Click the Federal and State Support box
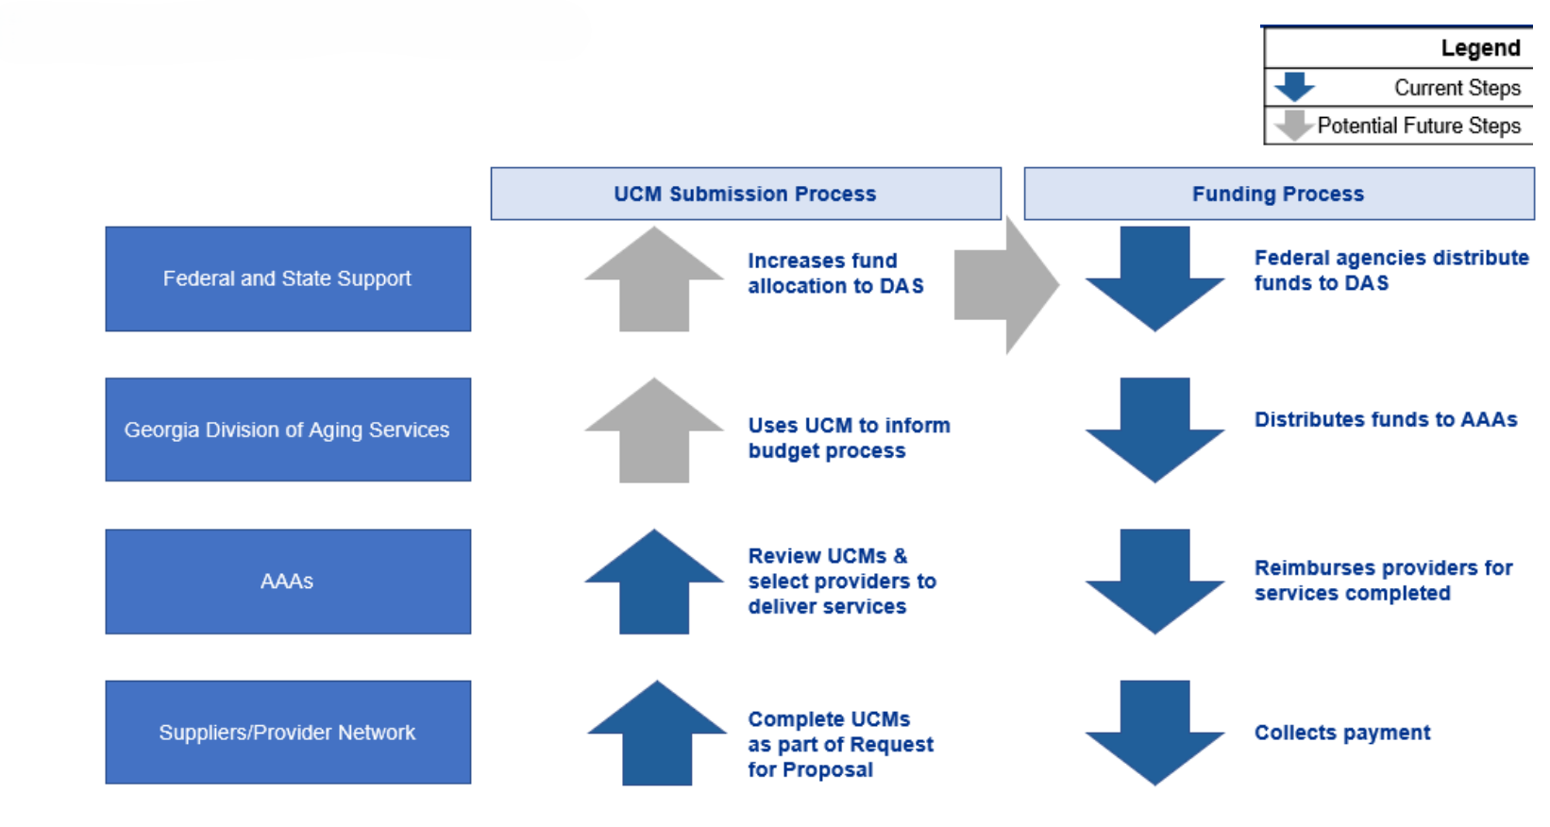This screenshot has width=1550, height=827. tap(288, 278)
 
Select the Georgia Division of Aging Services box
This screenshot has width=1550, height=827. tap(288, 430)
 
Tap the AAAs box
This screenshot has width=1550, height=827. tap(288, 582)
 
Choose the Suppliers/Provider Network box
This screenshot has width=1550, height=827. tap(288, 733)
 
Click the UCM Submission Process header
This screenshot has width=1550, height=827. tap(745, 194)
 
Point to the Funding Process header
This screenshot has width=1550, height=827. tap(1278, 194)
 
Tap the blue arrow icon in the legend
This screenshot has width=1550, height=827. tap(1294, 87)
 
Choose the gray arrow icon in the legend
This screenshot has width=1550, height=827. tap(1294, 125)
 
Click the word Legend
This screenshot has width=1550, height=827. tap(1480, 48)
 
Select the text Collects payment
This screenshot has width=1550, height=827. tap(1341, 733)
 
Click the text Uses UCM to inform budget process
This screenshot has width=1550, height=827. tap(849, 438)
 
